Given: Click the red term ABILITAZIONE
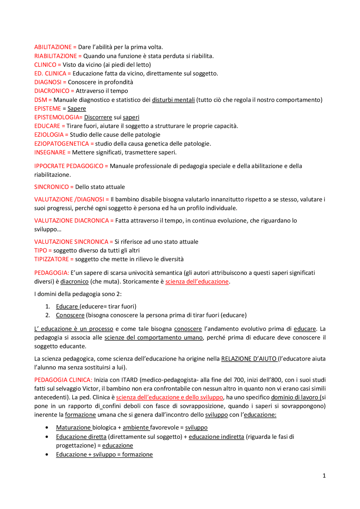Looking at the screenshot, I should [x=53, y=47].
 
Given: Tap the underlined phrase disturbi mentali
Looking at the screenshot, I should [x=173, y=100].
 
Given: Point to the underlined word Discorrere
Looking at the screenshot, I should [x=98, y=117].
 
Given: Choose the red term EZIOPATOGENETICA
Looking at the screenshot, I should [x=61, y=144].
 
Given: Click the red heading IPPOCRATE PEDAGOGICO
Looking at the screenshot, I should [x=69, y=166].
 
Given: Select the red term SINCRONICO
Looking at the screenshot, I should [x=51, y=187].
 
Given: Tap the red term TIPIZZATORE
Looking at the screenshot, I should [x=51, y=259].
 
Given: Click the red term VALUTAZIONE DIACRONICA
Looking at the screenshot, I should [x=71, y=221].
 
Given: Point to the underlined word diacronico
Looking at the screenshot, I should [x=74, y=282].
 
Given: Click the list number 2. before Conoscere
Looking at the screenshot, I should [x=48, y=315].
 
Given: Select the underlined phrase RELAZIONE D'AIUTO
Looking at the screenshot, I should [x=249, y=359].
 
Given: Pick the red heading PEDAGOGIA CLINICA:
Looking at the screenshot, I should [x=63, y=380].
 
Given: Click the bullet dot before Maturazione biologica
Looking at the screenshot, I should [x=47, y=428].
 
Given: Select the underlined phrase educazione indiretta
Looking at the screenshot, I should [x=216, y=437].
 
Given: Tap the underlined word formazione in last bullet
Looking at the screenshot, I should [x=137, y=454].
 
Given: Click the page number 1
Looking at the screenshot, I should [x=324, y=476].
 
